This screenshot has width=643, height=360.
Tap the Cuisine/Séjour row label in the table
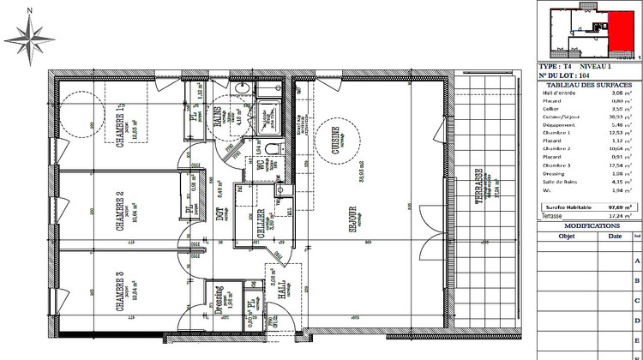coord(563,117)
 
